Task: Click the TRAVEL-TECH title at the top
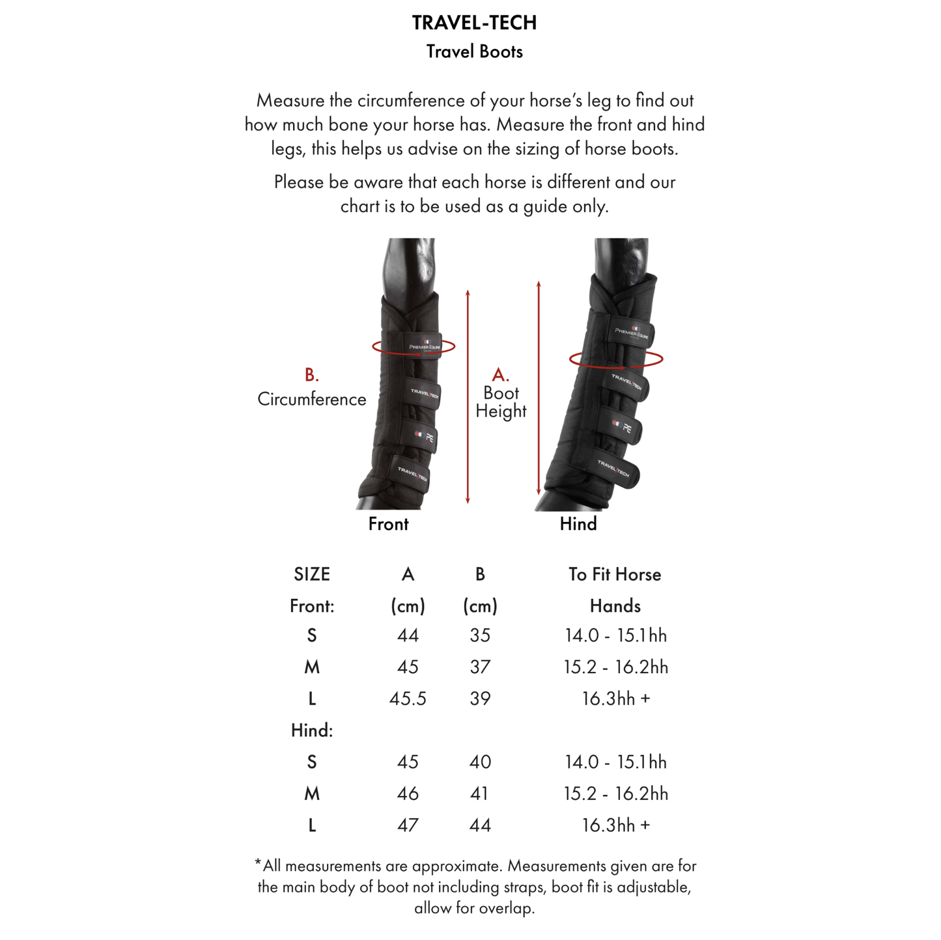[474, 23]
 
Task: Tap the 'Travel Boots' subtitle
[474, 52]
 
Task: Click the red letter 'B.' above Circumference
[311, 375]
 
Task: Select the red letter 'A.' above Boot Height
[500, 375]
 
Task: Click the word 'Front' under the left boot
[388, 524]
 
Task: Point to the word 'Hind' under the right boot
[578, 524]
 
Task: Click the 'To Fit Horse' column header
[615, 575]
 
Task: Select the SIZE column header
[311, 575]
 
